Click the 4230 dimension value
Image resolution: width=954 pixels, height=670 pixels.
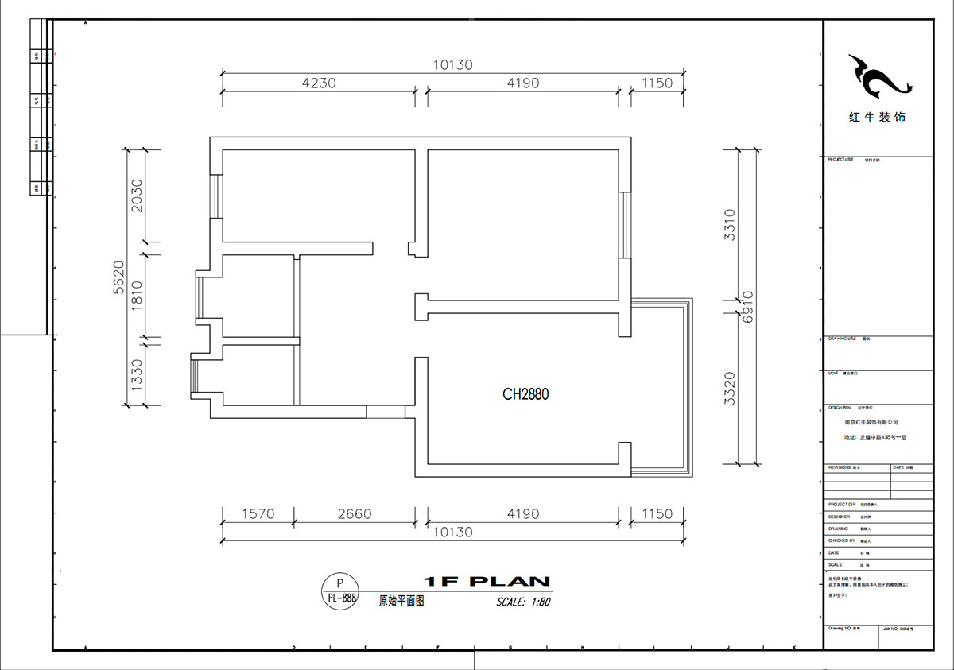pos(318,83)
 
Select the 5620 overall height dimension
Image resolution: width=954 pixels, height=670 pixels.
pos(118,277)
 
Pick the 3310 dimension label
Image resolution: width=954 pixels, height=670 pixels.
pos(731,226)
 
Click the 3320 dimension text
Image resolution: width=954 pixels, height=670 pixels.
pos(731,389)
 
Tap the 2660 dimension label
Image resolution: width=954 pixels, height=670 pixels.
pos(354,514)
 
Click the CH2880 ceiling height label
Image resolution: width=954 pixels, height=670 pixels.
pos(525,393)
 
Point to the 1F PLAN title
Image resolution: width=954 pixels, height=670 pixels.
pos(487,581)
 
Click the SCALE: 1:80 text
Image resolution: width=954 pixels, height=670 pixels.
pos(523,602)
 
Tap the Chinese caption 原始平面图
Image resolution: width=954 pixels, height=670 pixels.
pos(401,602)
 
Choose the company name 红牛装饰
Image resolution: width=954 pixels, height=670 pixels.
pos(877,117)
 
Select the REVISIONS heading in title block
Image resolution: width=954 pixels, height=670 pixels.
pos(840,468)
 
